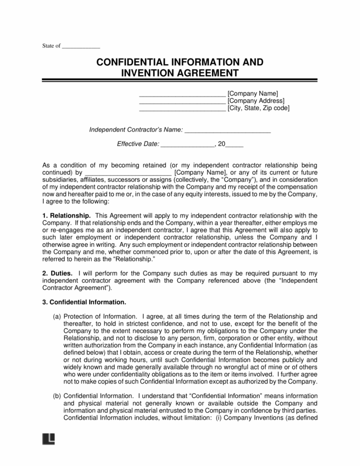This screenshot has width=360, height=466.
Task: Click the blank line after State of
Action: [81, 47]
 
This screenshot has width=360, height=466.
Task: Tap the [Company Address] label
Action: [256, 101]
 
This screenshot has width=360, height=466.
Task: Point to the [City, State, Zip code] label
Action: [258, 108]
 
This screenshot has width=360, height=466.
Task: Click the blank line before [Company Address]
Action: [182, 101]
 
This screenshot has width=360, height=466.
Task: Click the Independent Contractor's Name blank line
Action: [228, 130]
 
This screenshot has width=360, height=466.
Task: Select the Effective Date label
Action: [137, 144]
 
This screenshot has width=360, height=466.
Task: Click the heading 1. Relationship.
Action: [66, 216]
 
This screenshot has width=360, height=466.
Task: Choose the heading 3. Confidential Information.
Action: [83, 302]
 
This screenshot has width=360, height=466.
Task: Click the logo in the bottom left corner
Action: [47, 439]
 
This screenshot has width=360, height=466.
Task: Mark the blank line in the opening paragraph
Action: [128, 173]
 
